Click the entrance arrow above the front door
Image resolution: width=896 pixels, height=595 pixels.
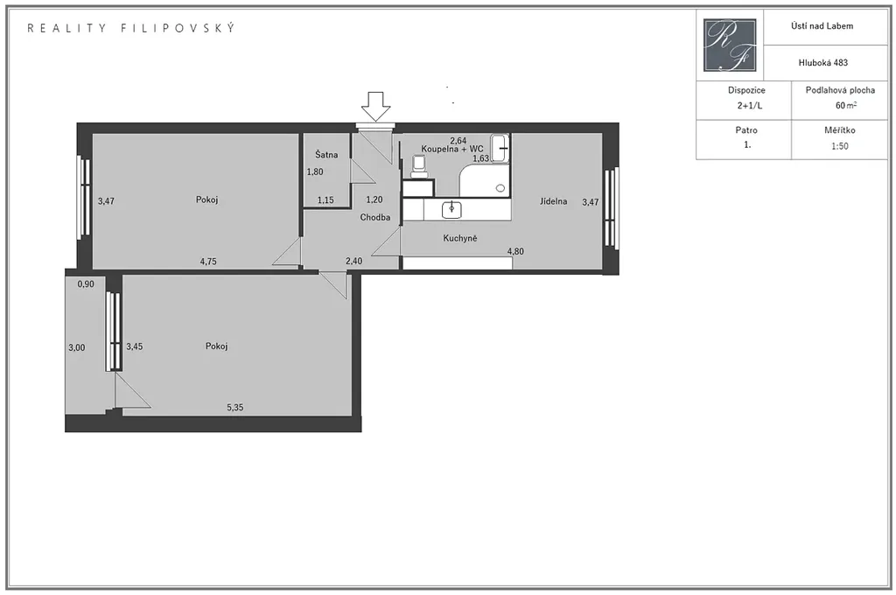376,106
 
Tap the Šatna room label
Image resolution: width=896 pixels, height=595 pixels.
326,154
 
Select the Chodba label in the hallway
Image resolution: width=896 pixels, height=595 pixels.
375,217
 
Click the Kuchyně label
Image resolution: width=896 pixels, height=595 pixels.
460,238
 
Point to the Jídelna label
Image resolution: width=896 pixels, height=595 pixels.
554,201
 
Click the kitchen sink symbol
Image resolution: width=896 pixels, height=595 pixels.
451,210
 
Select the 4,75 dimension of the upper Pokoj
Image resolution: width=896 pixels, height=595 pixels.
208,262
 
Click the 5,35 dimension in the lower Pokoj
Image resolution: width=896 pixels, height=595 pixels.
234,408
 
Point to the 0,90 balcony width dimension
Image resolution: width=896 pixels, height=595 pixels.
86,284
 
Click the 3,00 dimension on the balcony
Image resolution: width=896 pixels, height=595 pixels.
77,347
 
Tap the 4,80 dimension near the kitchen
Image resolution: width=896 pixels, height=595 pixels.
515,251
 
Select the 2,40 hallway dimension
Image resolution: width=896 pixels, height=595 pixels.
353,262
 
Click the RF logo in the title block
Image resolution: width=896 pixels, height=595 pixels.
730,45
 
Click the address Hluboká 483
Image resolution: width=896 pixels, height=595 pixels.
822,63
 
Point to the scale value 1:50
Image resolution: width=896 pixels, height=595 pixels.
839,146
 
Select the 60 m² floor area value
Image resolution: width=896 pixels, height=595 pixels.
846,106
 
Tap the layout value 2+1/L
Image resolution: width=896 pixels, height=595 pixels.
750,106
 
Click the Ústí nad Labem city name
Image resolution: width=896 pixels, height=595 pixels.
822,25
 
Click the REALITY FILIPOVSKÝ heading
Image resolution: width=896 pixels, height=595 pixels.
131,28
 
